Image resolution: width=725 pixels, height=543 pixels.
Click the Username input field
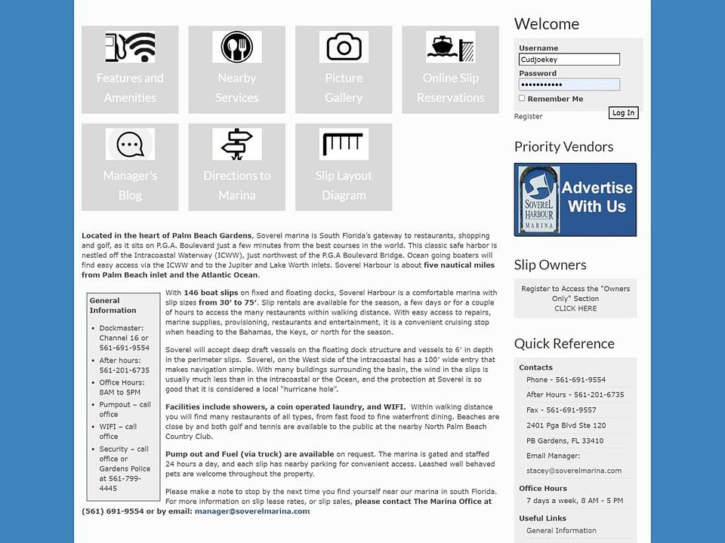pyautogui.click(x=569, y=60)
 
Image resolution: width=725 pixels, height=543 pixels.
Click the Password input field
pyautogui.click(x=569, y=84)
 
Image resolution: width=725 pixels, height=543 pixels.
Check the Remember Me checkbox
pyautogui.click(x=522, y=99)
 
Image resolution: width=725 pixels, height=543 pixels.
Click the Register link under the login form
pyautogui.click(x=528, y=116)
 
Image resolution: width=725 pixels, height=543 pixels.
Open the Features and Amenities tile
pyautogui.click(x=130, y=69)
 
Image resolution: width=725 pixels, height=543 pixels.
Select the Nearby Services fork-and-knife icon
pyautogui.click(x=236, y=47)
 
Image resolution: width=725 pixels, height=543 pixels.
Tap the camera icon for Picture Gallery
pyautogui.click(x=344, y=47)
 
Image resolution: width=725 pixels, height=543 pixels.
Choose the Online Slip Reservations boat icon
pyautogui.click(x=450, y=47)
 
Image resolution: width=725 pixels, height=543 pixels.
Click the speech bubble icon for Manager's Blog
pyautogui.click(x=130, y=144)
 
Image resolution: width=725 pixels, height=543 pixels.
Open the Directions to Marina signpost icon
pyautogui.click(x=236, y=144)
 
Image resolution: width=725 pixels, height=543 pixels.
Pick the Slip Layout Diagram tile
pyautogui.click(x=344, y=167)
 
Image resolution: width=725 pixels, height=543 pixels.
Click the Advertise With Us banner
pyautogui.click(x=575, y=200)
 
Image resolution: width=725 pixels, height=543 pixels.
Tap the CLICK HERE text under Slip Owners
pyautogui.click(x=575, y=308)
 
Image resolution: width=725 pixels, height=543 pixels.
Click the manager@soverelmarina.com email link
pyautogui.click(x=252, y=511)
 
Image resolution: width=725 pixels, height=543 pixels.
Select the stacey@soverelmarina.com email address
pyautogui.click(x=574, y=471)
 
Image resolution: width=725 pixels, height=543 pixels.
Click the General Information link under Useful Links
pyautogui.click(x=561, y=531)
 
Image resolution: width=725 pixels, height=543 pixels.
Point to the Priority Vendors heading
pyautogui.click(x=563, y=147)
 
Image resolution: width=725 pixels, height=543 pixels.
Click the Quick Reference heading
pyautogui.click(x=564, y=344)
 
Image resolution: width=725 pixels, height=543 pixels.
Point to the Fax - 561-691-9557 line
pyautogui.click(x=561, y=410)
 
